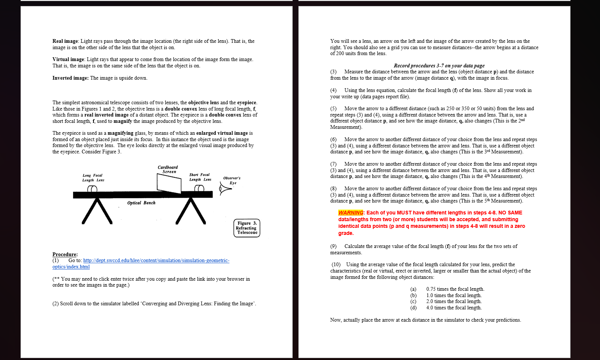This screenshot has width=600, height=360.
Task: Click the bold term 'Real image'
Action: click(65, 41)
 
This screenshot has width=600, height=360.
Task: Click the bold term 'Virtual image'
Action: click(68, 60)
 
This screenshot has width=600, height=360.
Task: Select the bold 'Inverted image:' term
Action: click(70, 78)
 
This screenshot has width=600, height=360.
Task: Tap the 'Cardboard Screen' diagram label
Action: click(168, 169)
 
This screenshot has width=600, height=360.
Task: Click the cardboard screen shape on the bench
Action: click(169, 183)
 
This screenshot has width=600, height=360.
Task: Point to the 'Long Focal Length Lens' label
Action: click(93, 178)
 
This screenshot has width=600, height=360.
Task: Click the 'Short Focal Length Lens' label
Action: click(200, 177)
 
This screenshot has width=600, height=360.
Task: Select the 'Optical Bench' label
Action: click(141, 203)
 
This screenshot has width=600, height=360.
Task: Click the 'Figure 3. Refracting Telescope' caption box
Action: click(247, 228)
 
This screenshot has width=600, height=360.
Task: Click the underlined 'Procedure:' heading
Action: click(65, 255)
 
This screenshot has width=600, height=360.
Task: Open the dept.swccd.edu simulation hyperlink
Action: click(156, 261)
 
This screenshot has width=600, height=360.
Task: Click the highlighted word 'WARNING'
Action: click(350, 213)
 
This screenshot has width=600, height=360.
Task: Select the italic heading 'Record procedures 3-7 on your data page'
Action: click(439, 66)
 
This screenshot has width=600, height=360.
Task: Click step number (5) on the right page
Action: click(333, 109)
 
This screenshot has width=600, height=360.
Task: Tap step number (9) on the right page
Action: click(333, 246)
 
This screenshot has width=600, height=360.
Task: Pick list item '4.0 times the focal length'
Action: click(454, 308)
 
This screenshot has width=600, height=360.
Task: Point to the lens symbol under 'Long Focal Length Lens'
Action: click(92, 189)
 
